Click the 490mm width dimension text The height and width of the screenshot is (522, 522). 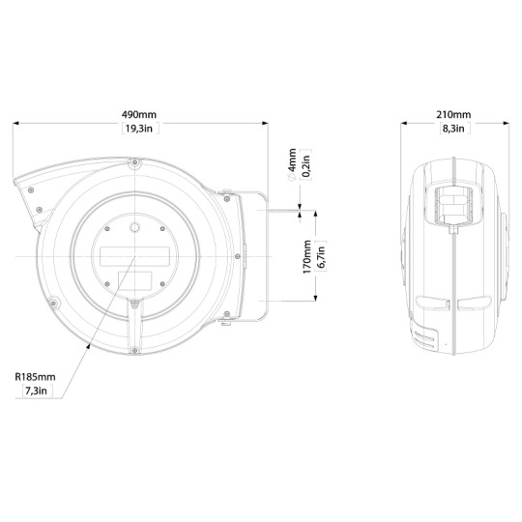pos(140,114)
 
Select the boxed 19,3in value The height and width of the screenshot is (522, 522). pos(140,129)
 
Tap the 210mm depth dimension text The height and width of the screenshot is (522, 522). pos(455,114)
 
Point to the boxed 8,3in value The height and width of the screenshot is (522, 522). pos(455,129)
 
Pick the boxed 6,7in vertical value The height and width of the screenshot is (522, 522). pos(324,257)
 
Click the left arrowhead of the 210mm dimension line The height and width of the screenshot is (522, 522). pos(405,122)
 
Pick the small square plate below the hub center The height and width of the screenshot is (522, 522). pos(134,281)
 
